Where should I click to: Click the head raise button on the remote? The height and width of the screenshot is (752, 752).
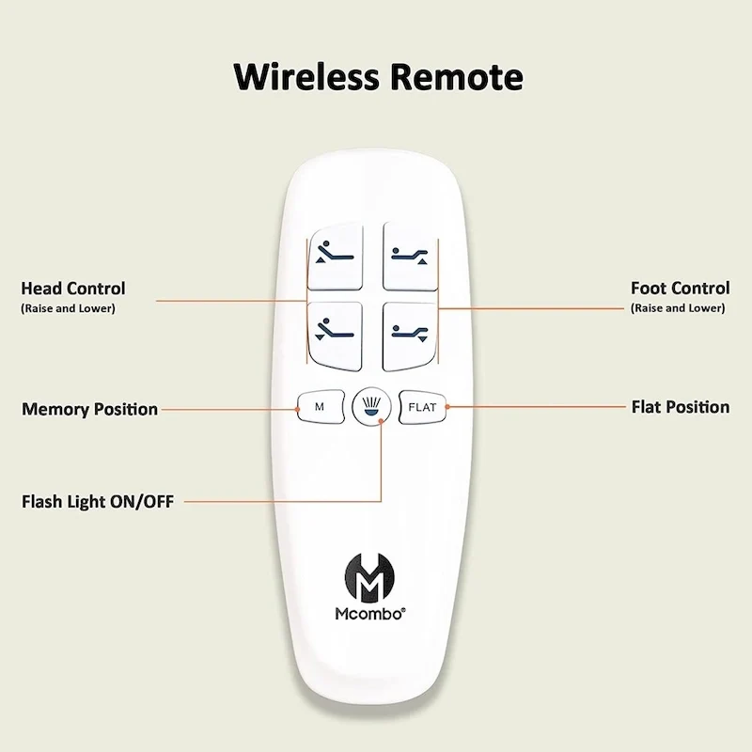(x=335, y=257)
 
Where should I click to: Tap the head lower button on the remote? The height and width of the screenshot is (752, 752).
(x=335, y=336)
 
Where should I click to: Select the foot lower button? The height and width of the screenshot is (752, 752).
(x=411, y=336)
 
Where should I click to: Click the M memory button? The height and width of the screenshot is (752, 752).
(x=321, y=407)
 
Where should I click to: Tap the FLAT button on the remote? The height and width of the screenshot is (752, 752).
(x=422, y=407)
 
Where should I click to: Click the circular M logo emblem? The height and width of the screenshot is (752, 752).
(x=369, y=577)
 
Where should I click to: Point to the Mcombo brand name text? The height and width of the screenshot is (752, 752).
(x=370, y=614)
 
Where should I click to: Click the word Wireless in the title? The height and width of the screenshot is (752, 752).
(x=306, y=77)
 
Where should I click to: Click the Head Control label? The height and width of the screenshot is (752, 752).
(x=73, y=289)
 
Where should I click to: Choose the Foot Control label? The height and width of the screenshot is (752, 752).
(x=680, y=289)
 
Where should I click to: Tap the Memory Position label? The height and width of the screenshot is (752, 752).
(x=89, y=409)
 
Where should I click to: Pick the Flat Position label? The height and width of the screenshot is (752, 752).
(x=681, y=407)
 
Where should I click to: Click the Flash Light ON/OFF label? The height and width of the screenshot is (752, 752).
(x=98, y=502)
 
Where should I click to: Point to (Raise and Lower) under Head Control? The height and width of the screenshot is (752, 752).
(x=68, y=308)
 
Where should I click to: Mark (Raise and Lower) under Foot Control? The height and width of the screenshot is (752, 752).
(x=678, y=308)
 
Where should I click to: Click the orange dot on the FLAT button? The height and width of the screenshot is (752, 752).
(x=447, y=407)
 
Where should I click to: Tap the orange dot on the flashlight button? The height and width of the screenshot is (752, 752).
(x=382, y=421)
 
